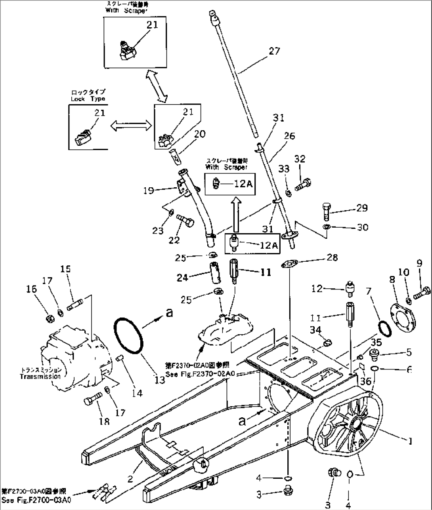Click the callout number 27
pos(274,51)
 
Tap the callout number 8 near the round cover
pos(392,280)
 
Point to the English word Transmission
pos(40,377)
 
